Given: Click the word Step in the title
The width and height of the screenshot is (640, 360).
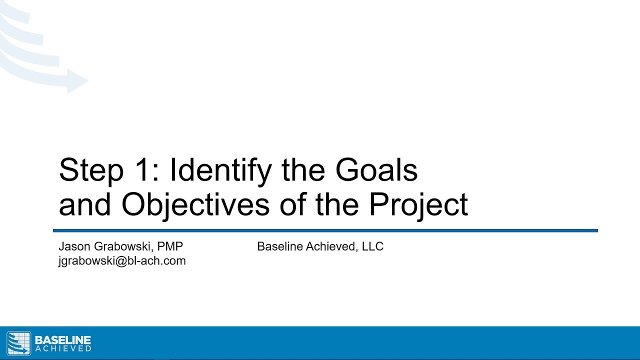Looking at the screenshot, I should [91, 171].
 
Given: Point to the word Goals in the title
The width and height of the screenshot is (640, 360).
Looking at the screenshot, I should [376, 170].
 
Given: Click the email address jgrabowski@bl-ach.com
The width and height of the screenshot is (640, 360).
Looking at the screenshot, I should [122, 260].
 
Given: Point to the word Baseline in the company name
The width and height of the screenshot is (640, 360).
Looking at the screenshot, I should [277, 246].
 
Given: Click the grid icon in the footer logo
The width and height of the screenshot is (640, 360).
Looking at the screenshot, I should [18, 343].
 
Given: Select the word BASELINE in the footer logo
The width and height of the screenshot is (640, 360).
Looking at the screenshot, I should [63, 340].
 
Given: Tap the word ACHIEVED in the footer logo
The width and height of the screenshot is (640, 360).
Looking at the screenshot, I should [63, 348].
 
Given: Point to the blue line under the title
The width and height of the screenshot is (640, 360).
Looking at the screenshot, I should [325, 230].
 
